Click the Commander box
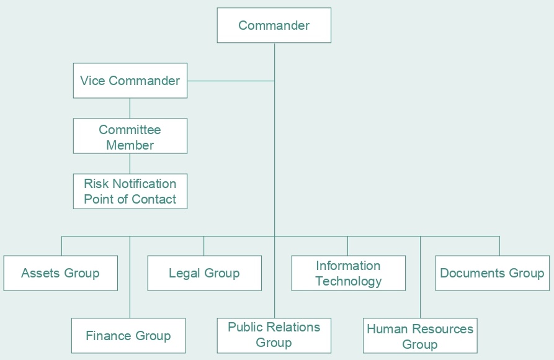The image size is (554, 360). (x=274, y=25)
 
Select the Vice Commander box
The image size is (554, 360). (x=130, y=81)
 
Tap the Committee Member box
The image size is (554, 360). (x=130, y=136)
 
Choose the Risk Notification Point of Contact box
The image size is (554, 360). (x=130, y=191)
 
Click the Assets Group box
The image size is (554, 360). (x=60, y=273)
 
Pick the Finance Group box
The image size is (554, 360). (x=128, y=336)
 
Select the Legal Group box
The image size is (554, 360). (x=204, y=273)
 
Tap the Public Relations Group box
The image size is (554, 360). (x=274, y=335)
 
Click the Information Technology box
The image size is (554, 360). (x=348, y=273)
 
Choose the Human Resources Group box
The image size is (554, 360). (x=420, y=336)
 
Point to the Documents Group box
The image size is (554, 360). (x=492, y=273)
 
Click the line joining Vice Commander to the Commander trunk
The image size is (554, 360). (x=231, y=81)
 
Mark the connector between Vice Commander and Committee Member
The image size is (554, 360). (x=130, y=108)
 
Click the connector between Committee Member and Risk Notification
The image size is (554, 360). (x=130, y=163)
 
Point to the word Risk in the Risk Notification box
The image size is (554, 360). (x=96, y=184)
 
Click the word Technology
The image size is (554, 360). (x=348, y=281)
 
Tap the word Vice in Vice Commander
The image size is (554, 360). (x=92, y=81)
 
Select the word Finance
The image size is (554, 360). (x=108, y=336)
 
